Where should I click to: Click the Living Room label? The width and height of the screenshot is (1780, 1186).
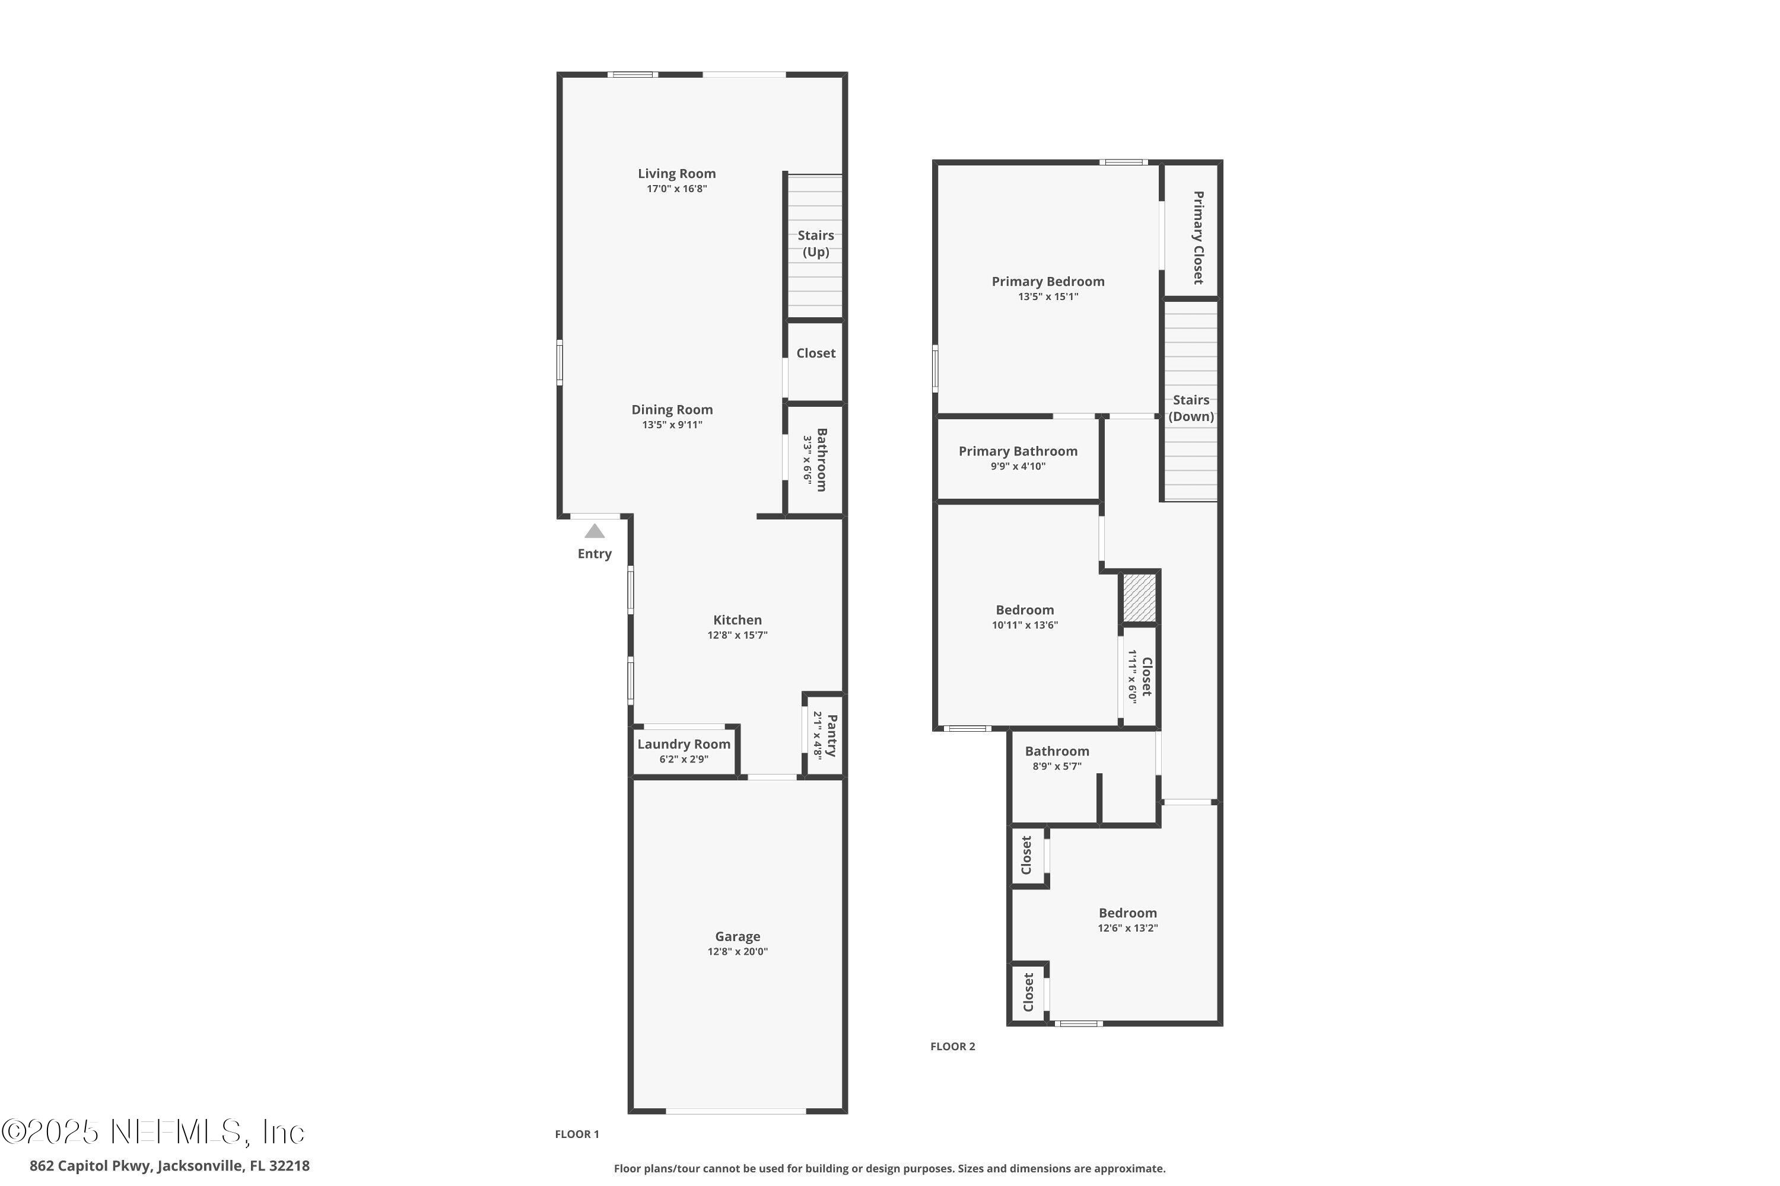pyautogui.click(x=676, y=174)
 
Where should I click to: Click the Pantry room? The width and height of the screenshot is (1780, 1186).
pyautogui.click(x=824, y=735)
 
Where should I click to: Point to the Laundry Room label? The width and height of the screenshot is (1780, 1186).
pyautogui.click(x=684, y=744)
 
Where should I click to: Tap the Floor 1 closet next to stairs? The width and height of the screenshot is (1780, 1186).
pyautogui.click(x=815, y=353)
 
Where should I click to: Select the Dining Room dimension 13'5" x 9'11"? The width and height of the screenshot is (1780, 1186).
pyautogui.click(x=672, y=425)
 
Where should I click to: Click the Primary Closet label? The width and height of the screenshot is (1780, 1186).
pyautogui.click(x=1197, y=238)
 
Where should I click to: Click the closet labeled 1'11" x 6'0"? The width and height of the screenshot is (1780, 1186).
pyautogui.click(x=1139, y=676)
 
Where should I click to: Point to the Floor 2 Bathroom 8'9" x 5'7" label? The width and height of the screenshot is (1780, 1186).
pyautogui.click(x=1057, y=751)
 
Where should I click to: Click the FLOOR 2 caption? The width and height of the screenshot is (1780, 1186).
pyautogui.click(x=952, y=1046)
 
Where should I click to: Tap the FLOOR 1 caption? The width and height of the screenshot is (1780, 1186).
pyautogui.click(x=577, y=1134)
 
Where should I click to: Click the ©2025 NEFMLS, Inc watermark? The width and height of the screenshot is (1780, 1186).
pyautogui.click(x=153, y=1132)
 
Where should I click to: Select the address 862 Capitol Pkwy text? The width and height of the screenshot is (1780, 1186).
pyautogui.click(x=170, y=1166)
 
